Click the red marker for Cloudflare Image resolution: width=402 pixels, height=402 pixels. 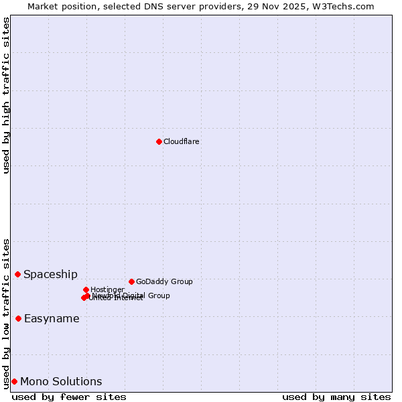[159, 141]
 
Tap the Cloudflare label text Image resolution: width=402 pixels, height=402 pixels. [181, 141]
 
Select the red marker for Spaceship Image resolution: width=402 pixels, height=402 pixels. [17, 274]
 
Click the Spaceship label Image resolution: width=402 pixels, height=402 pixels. [50, 274]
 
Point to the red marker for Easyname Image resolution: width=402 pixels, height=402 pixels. [18, 318]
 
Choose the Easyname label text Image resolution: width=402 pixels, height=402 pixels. [52, 319]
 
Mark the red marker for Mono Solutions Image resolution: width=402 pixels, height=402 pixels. [14, 381]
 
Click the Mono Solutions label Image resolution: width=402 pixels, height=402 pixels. [61, 382]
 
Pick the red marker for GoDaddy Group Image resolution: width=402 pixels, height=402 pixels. [131, 281]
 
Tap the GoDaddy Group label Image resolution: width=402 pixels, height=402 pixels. [164, 282]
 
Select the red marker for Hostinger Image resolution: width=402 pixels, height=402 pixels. [86, 289]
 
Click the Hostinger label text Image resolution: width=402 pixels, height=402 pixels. [107, 290]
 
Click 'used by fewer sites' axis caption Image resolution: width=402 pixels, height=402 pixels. [69, 397]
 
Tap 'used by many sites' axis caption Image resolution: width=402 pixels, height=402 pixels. [336, 397]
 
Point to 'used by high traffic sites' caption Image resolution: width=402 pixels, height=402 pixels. [7, 95]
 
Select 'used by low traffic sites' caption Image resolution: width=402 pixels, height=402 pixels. [7, 314]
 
